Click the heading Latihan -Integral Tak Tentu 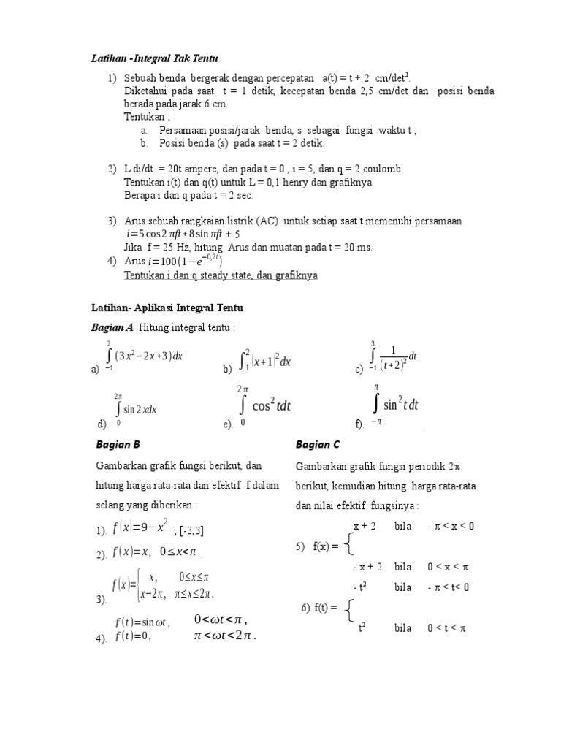coord(154,58)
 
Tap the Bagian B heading coord(118,444)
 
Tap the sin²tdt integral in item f coord(398,404)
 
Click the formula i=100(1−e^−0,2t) coord(185,261)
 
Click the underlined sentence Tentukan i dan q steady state coord(221,275)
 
